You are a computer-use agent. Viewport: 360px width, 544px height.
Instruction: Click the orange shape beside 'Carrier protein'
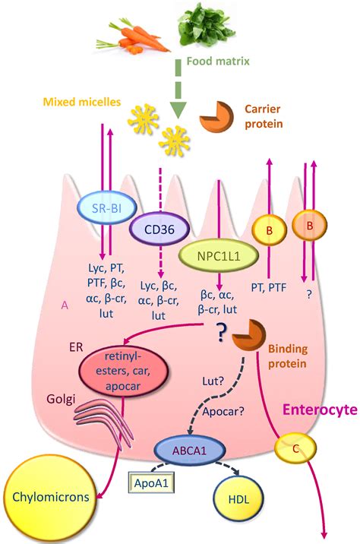point(216,115)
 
